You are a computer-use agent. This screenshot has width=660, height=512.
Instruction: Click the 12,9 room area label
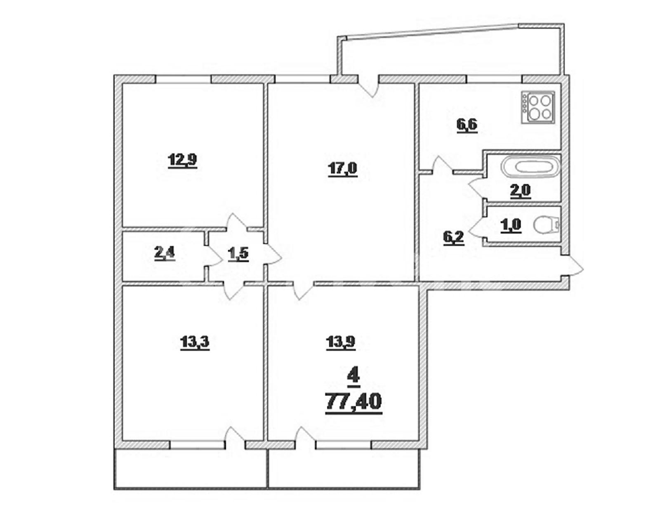(x=182, y=160)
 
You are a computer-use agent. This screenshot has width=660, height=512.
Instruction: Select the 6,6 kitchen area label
(x=467, y=125)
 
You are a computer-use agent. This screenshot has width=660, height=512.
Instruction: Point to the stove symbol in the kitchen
(x=538, y=108)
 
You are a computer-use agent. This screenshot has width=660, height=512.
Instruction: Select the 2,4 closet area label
(x=165, y=253)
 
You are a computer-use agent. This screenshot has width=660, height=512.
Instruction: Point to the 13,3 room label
(x=195, y=343)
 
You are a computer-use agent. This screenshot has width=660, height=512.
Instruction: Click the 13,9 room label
(x=340, y=343)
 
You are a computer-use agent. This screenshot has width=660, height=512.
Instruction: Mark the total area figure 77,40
(x=353, y=402)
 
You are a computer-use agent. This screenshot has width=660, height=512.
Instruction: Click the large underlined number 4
(x=353, y=377)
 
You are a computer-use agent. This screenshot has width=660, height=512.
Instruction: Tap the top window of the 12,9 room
(x=184, y=79)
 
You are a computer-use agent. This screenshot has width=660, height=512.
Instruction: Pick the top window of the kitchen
(x=494, y=79)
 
